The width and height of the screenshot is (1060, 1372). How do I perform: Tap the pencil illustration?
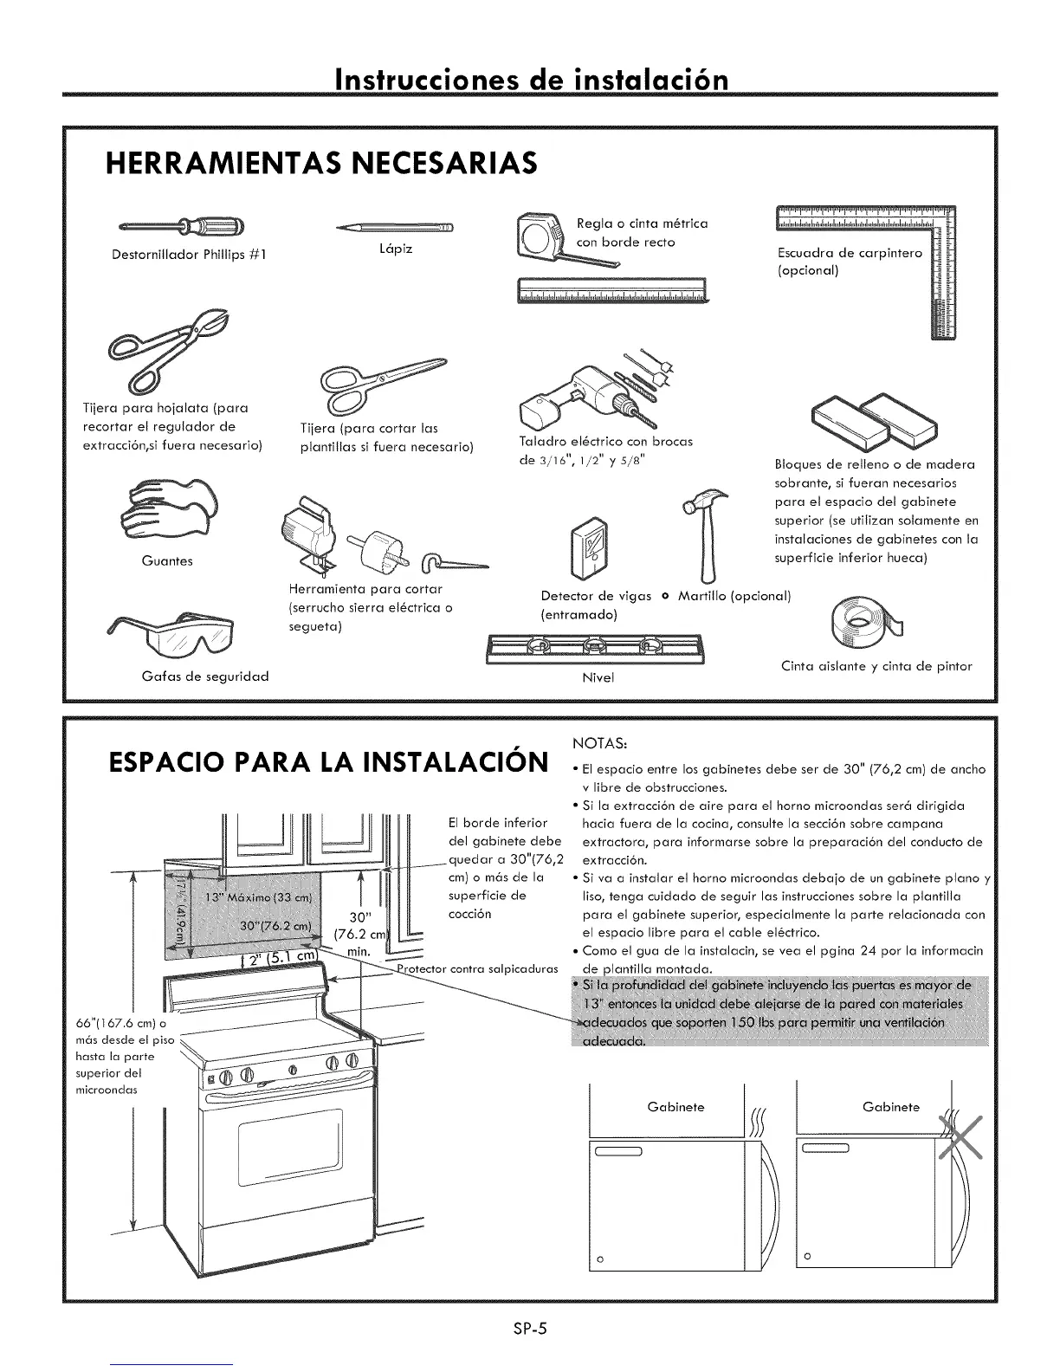click(x=395, y=228)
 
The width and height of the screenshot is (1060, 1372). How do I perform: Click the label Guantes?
click(x=167, y=561)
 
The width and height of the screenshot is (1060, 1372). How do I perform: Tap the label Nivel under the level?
click(x=598, y=677)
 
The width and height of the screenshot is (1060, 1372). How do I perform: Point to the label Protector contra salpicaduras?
click(x=477, y=968)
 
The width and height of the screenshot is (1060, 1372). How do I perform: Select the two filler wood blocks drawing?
click(x=875, y=419)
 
